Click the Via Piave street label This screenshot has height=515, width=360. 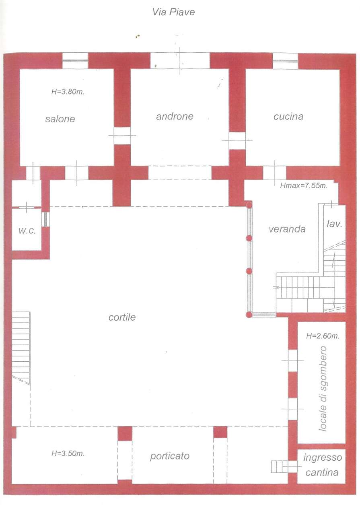coord(173,12)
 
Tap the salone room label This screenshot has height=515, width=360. coord(60,119)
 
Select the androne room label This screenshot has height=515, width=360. coord(175,116)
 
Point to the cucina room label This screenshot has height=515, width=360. coord(288,116)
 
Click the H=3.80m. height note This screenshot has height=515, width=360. coord(68,92)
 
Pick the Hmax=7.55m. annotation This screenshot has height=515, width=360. coord(303,185)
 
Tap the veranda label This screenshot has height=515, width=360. coord(287,229)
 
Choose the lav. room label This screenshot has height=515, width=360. coord(335,224)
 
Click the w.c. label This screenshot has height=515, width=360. coord(27,231)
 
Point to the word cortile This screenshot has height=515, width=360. coord(122,317)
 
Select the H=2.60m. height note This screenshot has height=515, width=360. coord(323,336)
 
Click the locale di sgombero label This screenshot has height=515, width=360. coord(323,388)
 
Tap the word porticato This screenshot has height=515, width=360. coord(170,456)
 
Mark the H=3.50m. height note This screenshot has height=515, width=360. coord(68,453)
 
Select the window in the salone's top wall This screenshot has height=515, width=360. coord(75,61)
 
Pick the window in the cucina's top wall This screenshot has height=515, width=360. coord(285,61)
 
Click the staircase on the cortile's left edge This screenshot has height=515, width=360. coord(21,348)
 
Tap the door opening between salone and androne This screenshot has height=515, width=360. coord(122,136)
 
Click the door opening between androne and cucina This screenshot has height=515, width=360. coord(237,140)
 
